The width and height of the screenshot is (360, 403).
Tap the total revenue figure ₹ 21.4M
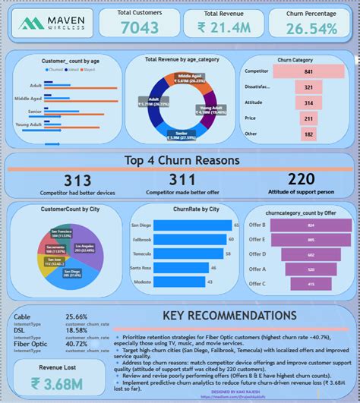pyautogui.click(x=226, y=29)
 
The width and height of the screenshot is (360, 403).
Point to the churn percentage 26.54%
pyautogui.click(x=311, y=29)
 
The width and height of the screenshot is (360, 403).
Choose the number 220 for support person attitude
pyautogui.click(x=300, y=180)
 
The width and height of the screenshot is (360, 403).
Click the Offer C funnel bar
pyautogui.click(x=311, y=283)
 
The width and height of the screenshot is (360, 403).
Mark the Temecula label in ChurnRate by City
pyautogui.click(x=142, y=253)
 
